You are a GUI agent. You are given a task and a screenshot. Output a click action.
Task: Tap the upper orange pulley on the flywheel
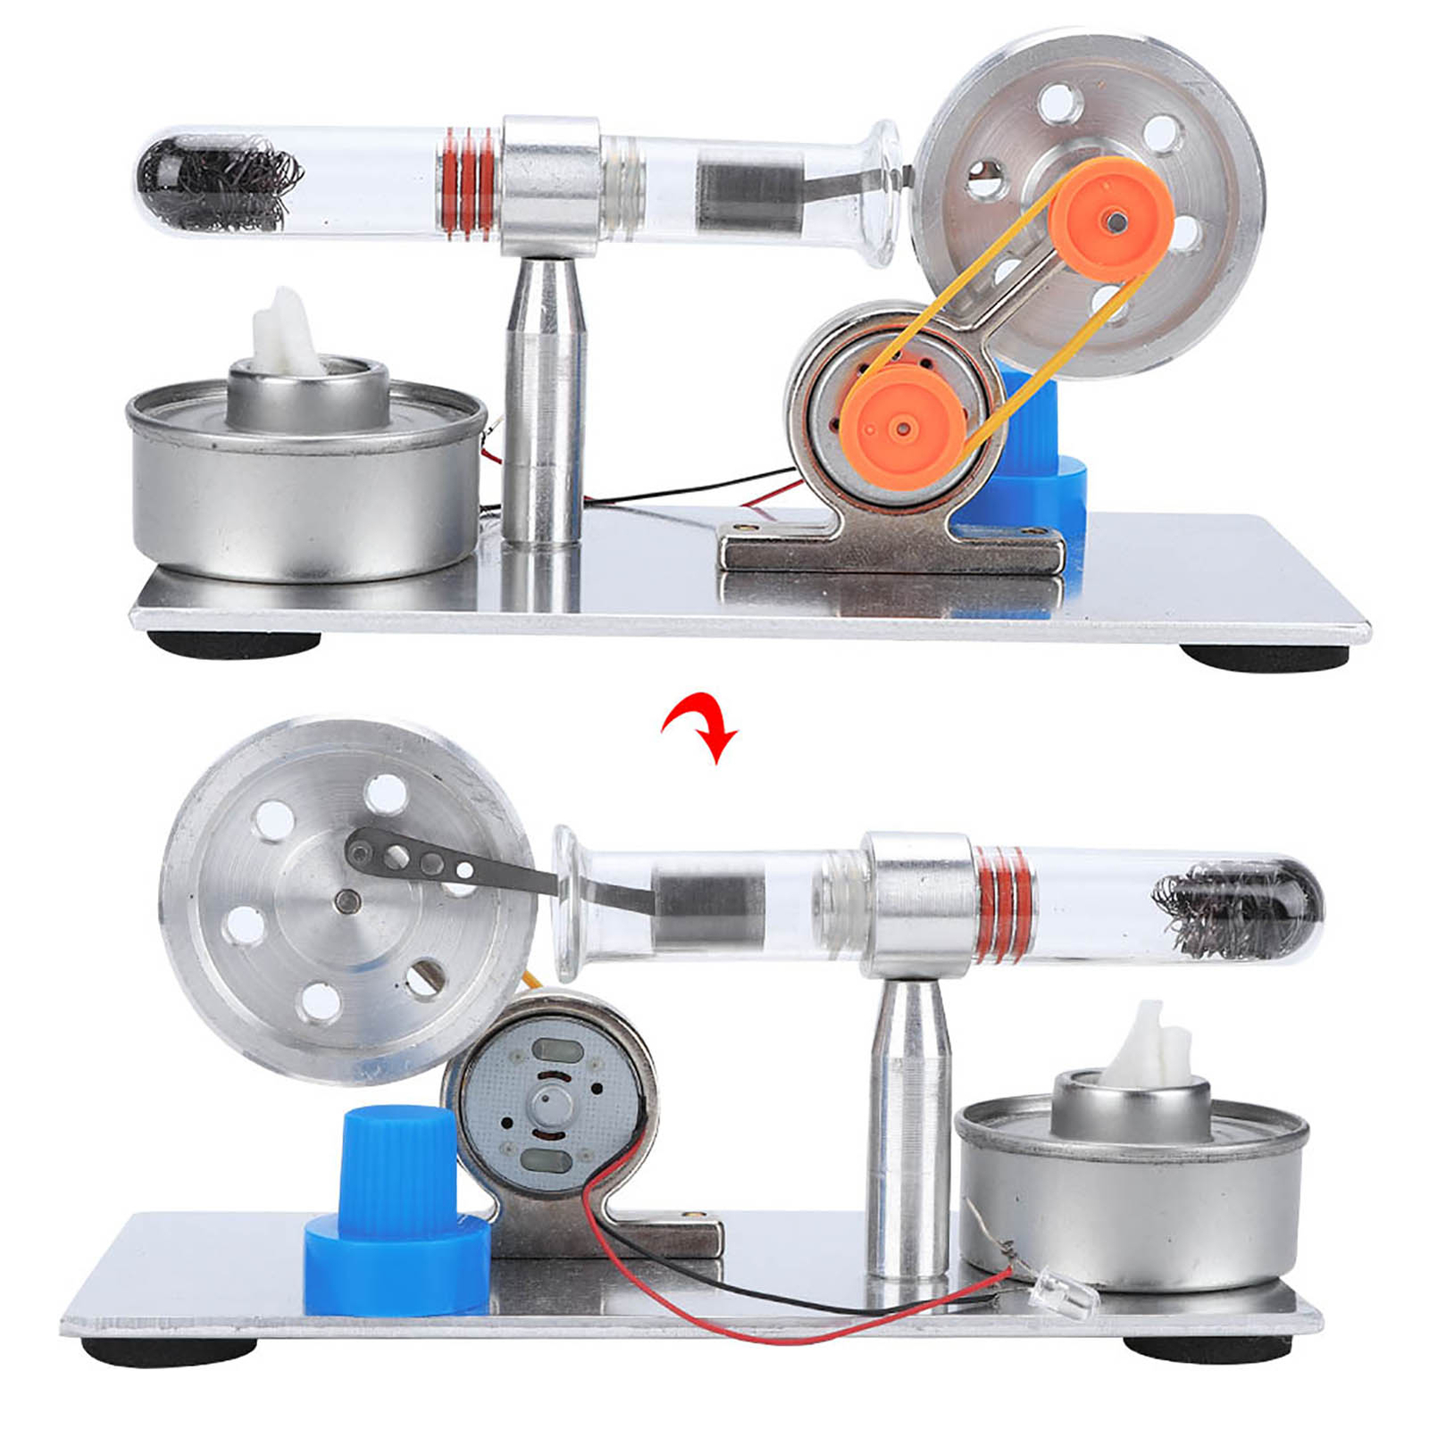click(x=1110, y=217)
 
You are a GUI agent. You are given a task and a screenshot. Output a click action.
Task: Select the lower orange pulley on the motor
click(x=903, y=428)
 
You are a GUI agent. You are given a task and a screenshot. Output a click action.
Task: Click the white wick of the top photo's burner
click(x=285, y=336)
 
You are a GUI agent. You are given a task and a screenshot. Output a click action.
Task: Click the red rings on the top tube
click(x=469, y=184)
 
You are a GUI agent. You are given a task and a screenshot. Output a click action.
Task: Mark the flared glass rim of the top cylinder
click(x=884, y=192)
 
